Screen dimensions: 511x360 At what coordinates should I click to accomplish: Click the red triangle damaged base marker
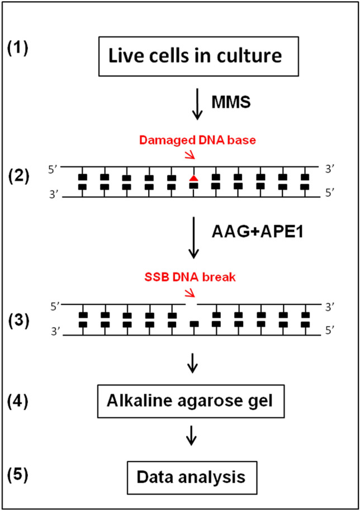click(x=193, y=178)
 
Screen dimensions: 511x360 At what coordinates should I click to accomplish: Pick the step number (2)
click(x=18, y=180)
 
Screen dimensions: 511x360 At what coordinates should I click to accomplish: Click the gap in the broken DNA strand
click(x=192, y=304)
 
